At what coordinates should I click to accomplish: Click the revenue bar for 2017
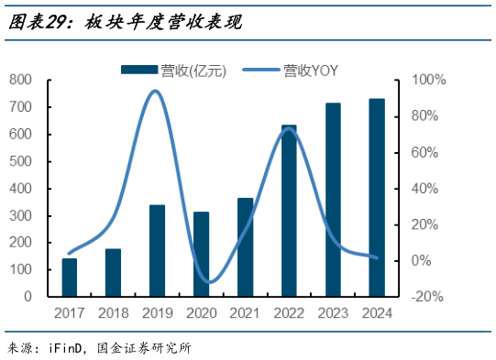pos(70,278)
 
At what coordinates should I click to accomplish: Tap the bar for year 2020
pos(201,254)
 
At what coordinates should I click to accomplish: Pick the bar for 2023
pos(333,200)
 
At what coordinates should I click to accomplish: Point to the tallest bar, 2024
pos(377,198)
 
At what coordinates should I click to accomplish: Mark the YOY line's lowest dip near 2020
pos(209,282)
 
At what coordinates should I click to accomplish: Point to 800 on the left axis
pos(21,80)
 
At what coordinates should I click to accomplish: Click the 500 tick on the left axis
pos(21,161)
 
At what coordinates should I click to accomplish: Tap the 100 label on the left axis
pos(21,270)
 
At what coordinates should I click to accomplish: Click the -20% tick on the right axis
pos(427,297)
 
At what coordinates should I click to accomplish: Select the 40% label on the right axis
pos(427,189)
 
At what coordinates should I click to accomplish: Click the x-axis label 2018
pos(113,314)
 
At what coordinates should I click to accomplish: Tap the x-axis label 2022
pos(289,314)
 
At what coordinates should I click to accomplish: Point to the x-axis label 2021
pos(245,314)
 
